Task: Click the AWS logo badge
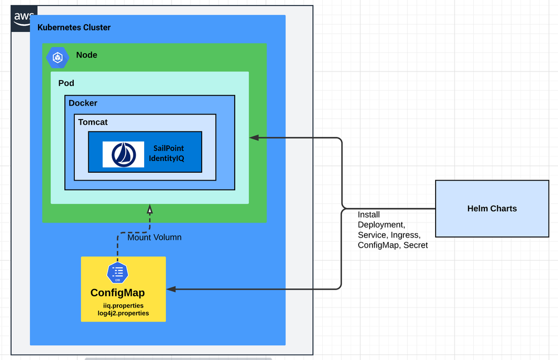[x=23, y=17]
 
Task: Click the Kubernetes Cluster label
[x=74, y=27]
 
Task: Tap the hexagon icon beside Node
[x=57, y=56]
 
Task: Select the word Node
[x=87, y=55]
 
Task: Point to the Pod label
[x=66, y=83]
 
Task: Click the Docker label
[x=83, y=103]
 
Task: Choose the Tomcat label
[x=93, y=122]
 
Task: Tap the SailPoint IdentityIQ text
[x=166, y=154]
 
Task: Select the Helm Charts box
[x=492, y=209]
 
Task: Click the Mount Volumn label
[x=154, y=238]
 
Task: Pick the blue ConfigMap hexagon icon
[x=117, y=272]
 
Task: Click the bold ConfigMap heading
[x=117, y=293]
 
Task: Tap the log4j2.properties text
[x=123, y=314]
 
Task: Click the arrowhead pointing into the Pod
[x=254, y=137]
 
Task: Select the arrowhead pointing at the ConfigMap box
[x=171, y=289]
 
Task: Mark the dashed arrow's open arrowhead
[x=149, y=209]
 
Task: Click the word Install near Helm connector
[x=369, y=215]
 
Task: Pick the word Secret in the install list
[x=415, y=245]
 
